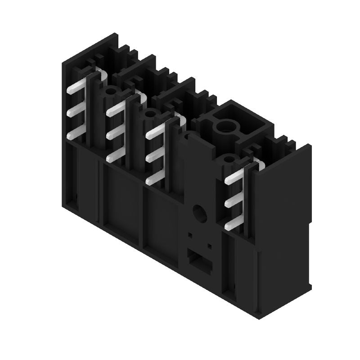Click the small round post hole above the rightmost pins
[229, 159]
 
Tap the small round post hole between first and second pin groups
[109, 93]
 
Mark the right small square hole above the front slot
[209, 246]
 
